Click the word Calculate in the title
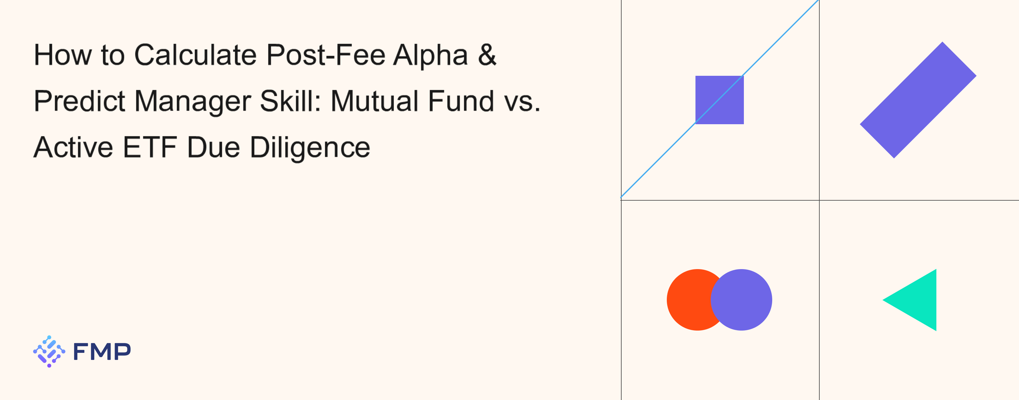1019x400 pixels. pyautogui.click(x=196, y=55)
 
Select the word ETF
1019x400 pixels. pyautogui.click(x=150, y=147)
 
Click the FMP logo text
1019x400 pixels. pyautogui.click(x=102, y=351)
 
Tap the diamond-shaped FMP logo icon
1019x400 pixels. pyautogui.click(x=49, y=351)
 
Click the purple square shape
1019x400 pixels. pyautogui.click(x=720, y=100)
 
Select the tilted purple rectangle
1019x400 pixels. pyautogui.click(x=918, y=100)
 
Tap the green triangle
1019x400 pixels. pyautogui.click(x=918, y=300)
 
